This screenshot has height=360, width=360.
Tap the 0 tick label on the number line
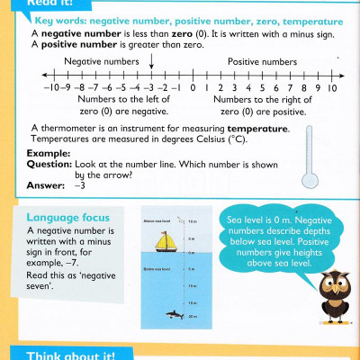pyautogui.click(x=193, y=89)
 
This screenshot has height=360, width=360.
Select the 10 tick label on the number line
pyautogui.click(x=332, y=89)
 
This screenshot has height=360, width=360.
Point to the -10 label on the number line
pyautogui.click(x=50, y=89)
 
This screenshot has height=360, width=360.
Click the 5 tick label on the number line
pyautogui.click(x=263, y=89)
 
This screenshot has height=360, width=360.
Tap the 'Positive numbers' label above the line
pyautogui.click(x=262, y=61)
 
